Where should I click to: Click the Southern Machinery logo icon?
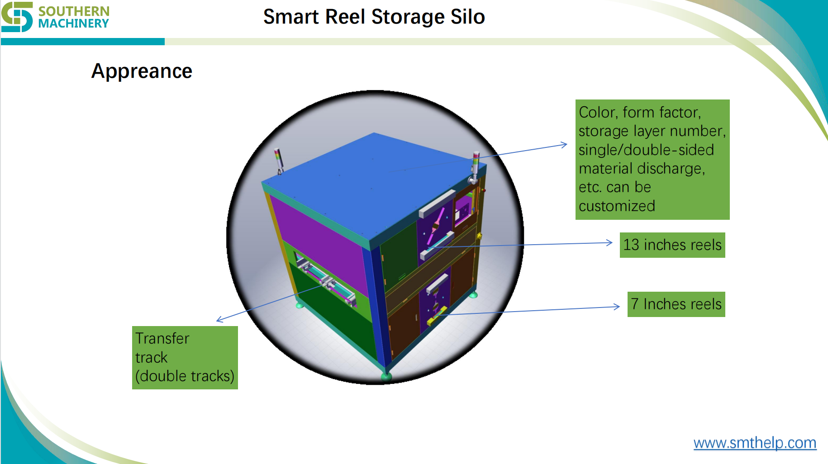(x=17, y=17)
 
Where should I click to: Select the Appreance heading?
(x=142, y=71)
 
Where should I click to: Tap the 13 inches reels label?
(x=672, y=245)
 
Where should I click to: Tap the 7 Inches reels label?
(x=676, y=304)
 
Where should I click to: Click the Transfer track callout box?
(x=185, y=357)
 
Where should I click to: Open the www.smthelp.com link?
(x=755, y=442)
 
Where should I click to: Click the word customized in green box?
(x=617, y=206)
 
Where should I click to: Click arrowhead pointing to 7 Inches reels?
(x=617, y=307)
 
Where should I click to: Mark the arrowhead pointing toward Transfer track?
(x=219, y=320)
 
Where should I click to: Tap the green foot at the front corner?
(x=386, y=376)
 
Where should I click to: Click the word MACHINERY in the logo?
(x=73, y=24)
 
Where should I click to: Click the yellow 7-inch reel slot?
(x=436, y=315)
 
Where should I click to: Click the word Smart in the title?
(x=291, y=17)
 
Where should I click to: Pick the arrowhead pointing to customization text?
(x=564, y=145)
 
